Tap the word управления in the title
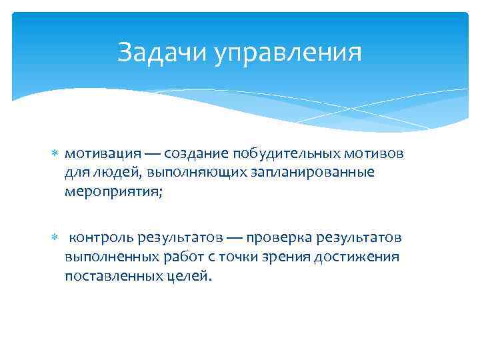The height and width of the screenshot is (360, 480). (288, 53)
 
